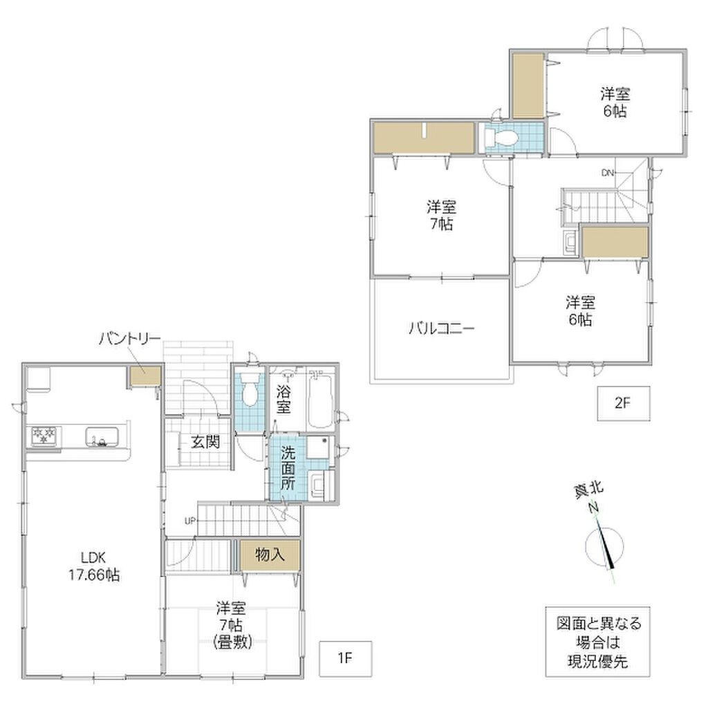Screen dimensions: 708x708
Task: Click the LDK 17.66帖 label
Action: click(94, 566)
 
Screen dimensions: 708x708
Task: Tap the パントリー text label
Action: click(129, 339)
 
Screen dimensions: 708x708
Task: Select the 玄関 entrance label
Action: click(205, 442)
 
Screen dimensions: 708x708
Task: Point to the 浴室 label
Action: click(283, 399)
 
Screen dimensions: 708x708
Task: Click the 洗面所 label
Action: click(288, 467)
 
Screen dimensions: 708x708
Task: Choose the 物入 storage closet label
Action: click(270, 554)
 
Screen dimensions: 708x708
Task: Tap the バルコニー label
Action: click(441, 328)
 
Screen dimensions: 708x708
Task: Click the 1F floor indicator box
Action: click(346, 658)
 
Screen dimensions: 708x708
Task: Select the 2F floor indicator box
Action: click(624, 403)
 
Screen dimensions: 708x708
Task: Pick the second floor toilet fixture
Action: click(501, 137)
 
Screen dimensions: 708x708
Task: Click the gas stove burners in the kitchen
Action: click(44, 436)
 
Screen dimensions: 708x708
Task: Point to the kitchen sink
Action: click(102, 437)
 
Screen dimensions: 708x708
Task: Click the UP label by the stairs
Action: click(190, 521)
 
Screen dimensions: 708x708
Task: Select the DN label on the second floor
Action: click(607, 172)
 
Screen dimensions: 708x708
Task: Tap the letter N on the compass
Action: click(593, 508)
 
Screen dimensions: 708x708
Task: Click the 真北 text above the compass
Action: click(588, 490)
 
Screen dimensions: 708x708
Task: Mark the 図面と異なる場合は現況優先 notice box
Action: click(597, 642)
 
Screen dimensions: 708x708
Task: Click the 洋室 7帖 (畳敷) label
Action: click(232, 625)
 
